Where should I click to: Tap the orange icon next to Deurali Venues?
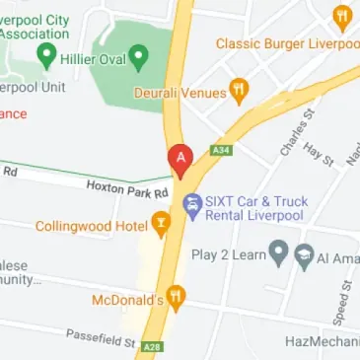(x=238, y=92)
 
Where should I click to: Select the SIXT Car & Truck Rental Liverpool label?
(x=254, y=209)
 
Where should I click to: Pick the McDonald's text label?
(x=126, y=298)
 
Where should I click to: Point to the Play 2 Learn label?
(x=229, y=255)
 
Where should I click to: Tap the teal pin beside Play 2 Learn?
(x=280, y=255)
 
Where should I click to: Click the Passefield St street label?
(x=100, y=338)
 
